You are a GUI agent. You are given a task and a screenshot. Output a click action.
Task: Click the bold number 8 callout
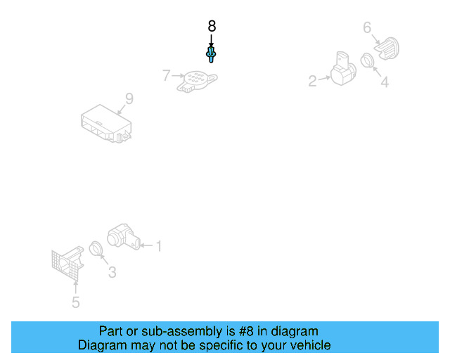(212, 26)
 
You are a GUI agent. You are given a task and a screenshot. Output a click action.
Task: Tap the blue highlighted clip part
(211, 54)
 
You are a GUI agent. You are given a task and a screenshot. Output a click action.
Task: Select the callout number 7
(166, 75)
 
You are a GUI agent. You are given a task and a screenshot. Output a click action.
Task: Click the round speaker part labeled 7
(197, 82)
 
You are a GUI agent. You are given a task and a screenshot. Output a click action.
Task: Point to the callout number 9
(129, 98)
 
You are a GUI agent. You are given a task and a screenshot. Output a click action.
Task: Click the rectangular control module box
(106, 124)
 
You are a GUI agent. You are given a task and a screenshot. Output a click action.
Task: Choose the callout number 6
(367, 28)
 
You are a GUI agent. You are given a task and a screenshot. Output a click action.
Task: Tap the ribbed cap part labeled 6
(387, 49)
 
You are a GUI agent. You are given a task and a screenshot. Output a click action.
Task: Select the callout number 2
(312, 82)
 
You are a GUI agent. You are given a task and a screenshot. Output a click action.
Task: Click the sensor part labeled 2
(343, 69)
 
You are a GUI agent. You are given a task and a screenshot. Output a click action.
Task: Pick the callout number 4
(385, 82)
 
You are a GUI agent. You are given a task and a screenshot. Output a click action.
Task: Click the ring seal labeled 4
(367, 60)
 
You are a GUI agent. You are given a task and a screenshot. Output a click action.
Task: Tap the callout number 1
(159, 246)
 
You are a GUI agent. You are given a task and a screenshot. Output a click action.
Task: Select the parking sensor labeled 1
(124, 237)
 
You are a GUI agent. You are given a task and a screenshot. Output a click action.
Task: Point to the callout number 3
(112, 272)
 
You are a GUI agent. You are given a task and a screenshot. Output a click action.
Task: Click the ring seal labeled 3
(96, 249)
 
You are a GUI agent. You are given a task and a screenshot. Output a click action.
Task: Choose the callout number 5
(75, 302)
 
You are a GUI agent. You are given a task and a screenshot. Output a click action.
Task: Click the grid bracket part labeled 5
(67, 264)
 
